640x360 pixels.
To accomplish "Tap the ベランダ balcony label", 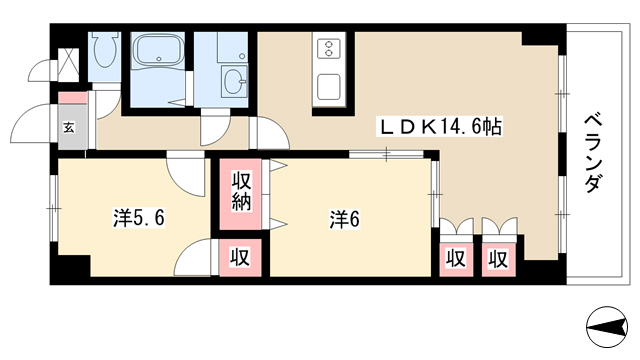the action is coord(593,153).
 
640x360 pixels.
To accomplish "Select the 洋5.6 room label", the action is coord(139,218).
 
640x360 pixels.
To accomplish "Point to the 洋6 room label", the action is coord(345,220).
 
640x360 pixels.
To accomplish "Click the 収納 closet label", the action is coord(241,192).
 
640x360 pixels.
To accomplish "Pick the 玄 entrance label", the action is coord(69,128).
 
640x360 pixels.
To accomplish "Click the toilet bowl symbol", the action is coord(105,50).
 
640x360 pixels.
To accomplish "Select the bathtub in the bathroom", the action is coord(158,51).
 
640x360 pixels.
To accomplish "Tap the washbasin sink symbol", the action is coord(234,81).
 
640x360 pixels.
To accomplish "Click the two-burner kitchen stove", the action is coord(329,49).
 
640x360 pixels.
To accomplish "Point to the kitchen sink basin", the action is coord(329,87).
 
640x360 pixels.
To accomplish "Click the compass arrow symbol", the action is coord(607,327).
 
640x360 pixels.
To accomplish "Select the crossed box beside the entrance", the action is coord(68,64).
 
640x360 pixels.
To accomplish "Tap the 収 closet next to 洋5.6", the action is coord(240,258).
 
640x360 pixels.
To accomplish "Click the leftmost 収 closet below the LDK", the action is coord(456,259).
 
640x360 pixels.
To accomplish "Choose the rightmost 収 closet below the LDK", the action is coord(498,259).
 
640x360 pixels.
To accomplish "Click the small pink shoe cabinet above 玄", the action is coord(73,98).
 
